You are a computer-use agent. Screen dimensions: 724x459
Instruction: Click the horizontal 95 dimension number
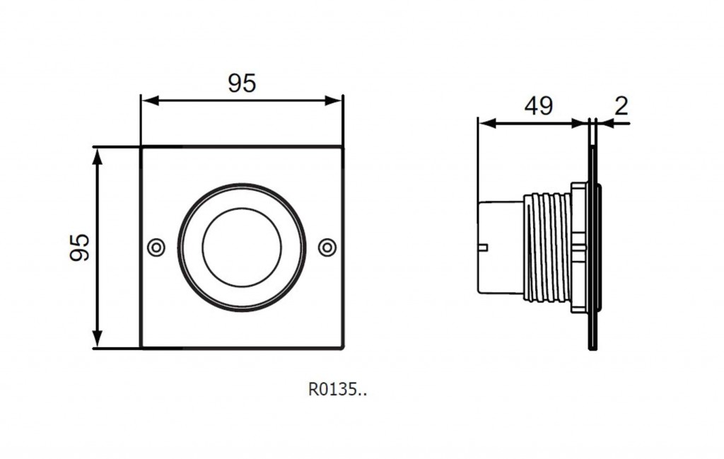[242, 83]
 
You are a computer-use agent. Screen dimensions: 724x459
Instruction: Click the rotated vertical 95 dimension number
[79, 248]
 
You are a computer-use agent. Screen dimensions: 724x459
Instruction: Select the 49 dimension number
[538, 106]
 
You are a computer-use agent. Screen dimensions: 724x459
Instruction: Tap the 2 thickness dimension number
[621, 106]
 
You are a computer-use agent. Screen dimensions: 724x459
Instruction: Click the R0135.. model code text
[337, 390]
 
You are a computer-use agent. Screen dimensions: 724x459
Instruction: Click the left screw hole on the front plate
[156, 248]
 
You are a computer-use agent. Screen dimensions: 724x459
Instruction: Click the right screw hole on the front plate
[327, 248]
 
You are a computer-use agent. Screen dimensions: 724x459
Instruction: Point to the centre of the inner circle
[242, 248]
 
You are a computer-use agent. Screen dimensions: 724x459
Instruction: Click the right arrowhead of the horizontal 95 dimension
[334, 100]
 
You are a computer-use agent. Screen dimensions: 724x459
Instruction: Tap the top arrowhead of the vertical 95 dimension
[97, 157]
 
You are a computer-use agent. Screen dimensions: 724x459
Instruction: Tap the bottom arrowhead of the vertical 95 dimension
[97, 339]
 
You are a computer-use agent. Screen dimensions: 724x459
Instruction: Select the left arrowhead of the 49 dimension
[487, 123]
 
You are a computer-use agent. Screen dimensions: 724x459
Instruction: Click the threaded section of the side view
[547, 248]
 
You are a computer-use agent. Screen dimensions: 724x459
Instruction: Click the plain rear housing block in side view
[501, 248]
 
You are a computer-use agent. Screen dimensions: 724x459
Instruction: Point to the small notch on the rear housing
[483, 247]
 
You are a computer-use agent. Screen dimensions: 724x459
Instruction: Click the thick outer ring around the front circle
[242, 185]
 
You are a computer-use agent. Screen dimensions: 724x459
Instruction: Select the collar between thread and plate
[579, 248]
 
